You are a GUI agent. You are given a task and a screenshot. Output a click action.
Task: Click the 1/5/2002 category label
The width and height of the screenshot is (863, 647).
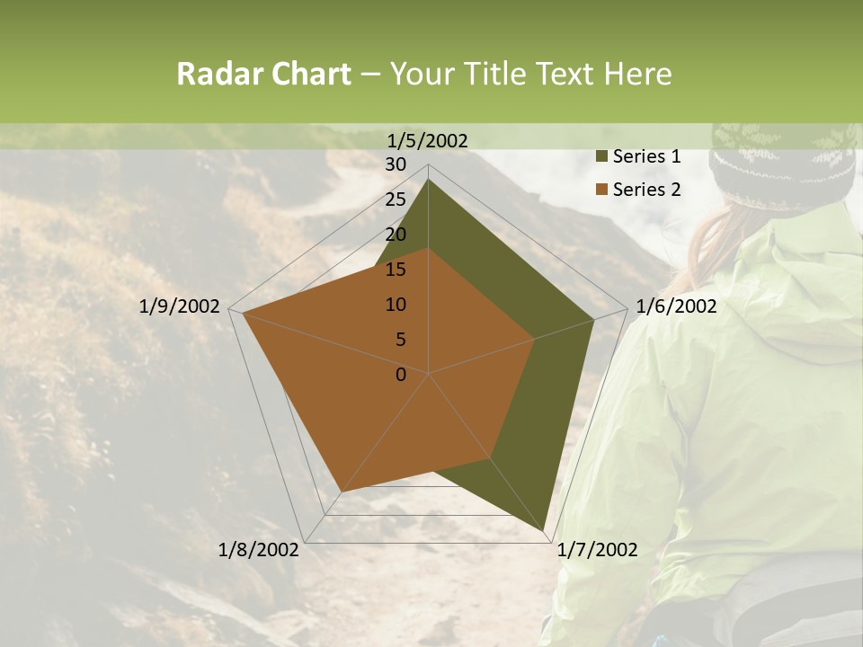coord(428,140)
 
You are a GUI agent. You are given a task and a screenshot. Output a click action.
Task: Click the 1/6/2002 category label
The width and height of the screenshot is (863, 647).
coord(676,306)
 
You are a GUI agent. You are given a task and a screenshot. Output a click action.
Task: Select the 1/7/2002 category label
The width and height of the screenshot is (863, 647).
coord(598,550)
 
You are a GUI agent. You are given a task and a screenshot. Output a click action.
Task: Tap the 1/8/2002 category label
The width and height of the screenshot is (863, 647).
coord(259,550)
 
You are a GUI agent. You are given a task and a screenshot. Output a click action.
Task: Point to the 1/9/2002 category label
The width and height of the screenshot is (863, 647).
coord(180,306)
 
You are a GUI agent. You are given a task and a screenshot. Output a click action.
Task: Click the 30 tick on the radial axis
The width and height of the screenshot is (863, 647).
coord(396,164)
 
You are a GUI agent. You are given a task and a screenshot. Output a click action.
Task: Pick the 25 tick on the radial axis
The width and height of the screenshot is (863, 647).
coord(396,199)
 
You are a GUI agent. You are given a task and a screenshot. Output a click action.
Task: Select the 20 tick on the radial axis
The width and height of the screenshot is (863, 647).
coord(396,235)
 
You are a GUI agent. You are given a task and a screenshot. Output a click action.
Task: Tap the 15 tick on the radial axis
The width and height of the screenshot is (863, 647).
coord(396,270)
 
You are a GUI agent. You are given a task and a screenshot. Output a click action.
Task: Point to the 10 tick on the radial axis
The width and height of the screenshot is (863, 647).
coord(396,305)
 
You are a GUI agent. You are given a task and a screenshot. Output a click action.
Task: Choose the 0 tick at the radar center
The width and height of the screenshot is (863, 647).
coord(401,375)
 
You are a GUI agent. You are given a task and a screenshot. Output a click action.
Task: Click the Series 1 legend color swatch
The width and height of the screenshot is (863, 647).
coord(601,157)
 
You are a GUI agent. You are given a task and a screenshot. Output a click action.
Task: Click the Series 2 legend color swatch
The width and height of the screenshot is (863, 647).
coord(601,190)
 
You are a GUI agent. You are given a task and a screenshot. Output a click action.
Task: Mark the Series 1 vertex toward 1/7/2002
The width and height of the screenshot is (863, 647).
coord(544,530)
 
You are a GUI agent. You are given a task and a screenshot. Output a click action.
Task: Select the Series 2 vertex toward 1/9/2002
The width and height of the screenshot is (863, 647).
coord(244,314)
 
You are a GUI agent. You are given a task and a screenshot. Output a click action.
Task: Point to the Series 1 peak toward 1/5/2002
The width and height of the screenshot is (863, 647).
coord(429,180)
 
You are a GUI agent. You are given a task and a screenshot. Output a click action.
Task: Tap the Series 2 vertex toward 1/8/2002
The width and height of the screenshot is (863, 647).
coord(343,492)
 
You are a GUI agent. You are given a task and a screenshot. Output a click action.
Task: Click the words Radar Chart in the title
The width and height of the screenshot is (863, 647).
coord(263,74)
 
